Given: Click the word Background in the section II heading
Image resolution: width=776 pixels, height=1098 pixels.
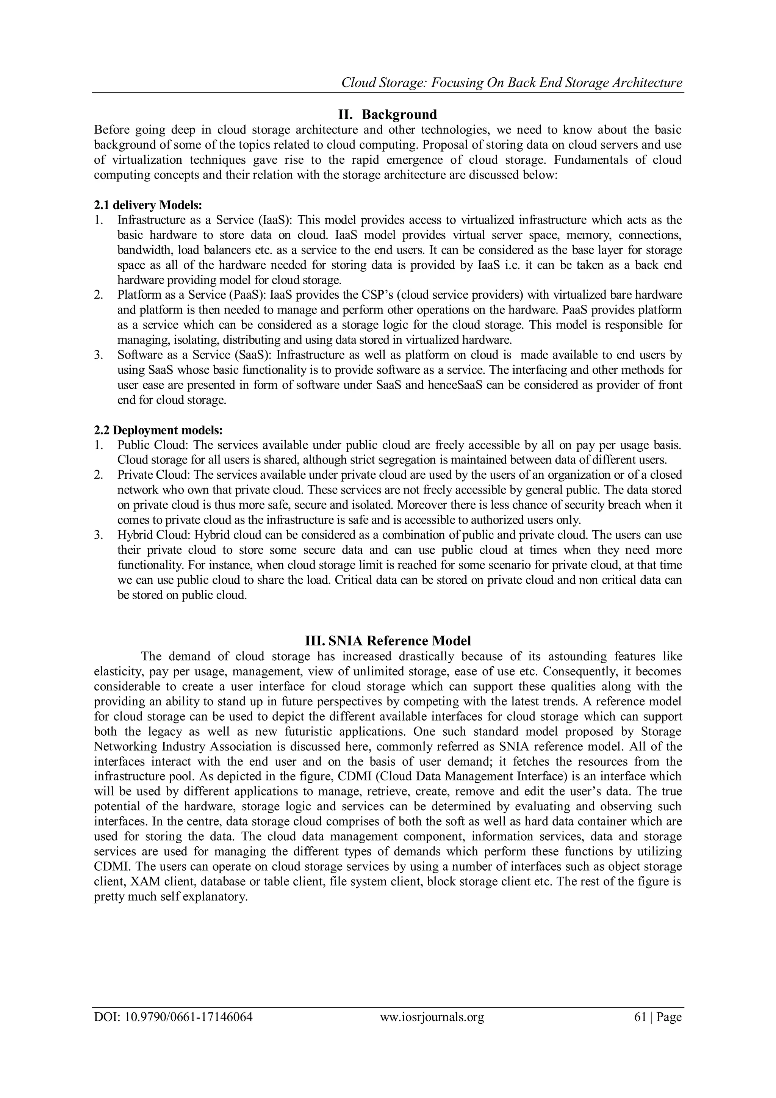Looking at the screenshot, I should [399, 115].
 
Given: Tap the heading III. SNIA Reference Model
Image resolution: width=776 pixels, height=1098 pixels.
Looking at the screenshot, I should [388, 641].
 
